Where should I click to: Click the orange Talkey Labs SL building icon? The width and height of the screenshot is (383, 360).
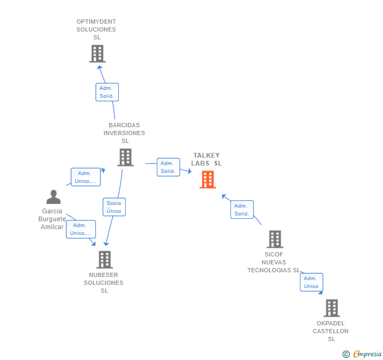(x=208, y=180)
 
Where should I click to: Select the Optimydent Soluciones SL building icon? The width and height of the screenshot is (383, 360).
(x=97, y=54)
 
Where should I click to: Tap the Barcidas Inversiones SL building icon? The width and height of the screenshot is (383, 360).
(x=125, y=157)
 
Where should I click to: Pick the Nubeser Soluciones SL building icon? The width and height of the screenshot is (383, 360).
(x=105, y=260)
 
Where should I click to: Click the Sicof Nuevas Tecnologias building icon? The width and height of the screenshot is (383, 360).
(x=275, y=239)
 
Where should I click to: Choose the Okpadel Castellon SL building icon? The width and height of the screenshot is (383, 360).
(x=331, y=308)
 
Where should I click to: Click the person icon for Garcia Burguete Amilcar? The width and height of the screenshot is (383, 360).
(x=53, y=197)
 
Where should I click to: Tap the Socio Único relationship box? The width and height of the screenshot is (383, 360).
(x=114, y=207)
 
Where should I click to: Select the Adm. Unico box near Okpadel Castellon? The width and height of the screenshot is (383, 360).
(x=311, y=282)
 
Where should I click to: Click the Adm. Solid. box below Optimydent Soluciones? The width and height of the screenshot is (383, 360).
(x=107, y=92)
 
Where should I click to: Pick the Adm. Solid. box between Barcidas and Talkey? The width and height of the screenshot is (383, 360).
(x=168, y=167)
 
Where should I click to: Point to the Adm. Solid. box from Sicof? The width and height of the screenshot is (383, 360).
(x=241, y=210)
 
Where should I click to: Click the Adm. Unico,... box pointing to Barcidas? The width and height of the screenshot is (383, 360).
(x=85, y=177)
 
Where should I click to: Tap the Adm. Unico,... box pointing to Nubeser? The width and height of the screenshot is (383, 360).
(x=80, y=229)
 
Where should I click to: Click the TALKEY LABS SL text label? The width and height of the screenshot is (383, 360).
(x=207, y=159)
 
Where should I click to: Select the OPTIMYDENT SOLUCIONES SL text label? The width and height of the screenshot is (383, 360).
(x=96, y=29)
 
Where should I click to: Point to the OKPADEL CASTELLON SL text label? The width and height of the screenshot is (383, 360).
(x=331, y=331)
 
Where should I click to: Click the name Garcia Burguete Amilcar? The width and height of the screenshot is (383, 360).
(x=52, y=219)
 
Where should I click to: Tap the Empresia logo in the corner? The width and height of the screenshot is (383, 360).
(x=362, y=354)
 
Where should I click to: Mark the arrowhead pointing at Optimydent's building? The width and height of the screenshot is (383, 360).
(x=100, y=66)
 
